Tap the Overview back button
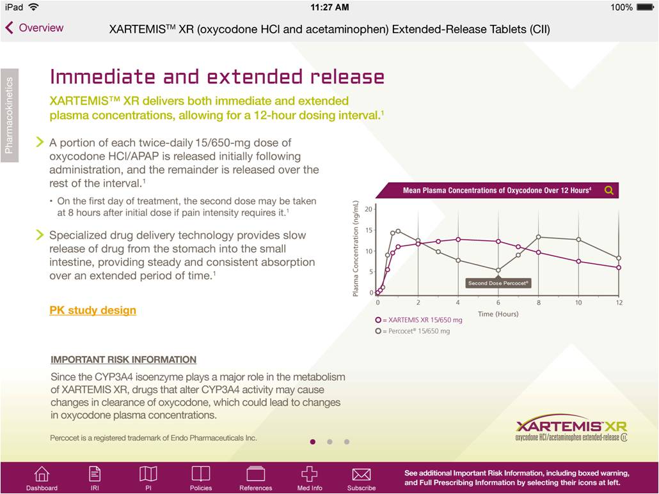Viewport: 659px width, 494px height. [x=35, y=28]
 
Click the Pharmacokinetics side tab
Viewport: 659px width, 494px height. [x=9, y=116]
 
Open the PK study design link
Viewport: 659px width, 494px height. [x=93, y=310]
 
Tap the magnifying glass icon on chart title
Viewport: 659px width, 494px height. [x=608, y=190]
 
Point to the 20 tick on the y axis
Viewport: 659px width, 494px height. [x=369, y=209]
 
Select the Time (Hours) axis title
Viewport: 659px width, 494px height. [x=498, y=314]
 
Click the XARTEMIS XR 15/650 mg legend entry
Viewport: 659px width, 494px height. [x=418, y=320]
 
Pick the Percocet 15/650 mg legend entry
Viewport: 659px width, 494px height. [x=413, y=331]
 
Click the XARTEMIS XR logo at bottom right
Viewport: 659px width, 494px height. [x=571, y=429]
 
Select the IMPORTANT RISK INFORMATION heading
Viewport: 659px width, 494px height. [x=123, y=360]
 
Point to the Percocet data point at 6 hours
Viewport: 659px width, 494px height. [x=498, y=270]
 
